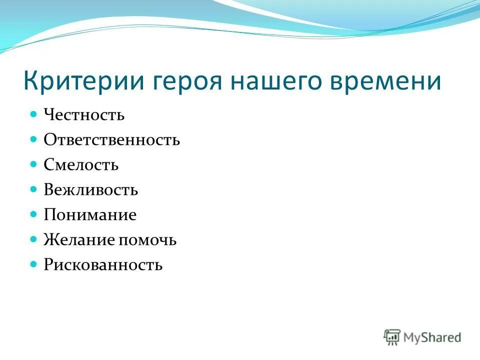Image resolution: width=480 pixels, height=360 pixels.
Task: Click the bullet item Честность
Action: point(84,115)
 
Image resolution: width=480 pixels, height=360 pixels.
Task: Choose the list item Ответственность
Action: point(111,140)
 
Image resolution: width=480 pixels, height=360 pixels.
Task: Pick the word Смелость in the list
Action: point(81,165)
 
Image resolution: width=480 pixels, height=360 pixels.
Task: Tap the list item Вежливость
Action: point(90,190)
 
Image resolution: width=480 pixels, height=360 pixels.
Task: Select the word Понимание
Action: point(90,215)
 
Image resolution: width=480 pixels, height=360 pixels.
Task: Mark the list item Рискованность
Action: point(103,265)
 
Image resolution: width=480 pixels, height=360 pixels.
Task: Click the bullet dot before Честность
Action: point(34,114)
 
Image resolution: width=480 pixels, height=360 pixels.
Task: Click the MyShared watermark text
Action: point(433,337)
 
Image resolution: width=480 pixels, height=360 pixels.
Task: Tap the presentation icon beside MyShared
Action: point(392,337)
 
